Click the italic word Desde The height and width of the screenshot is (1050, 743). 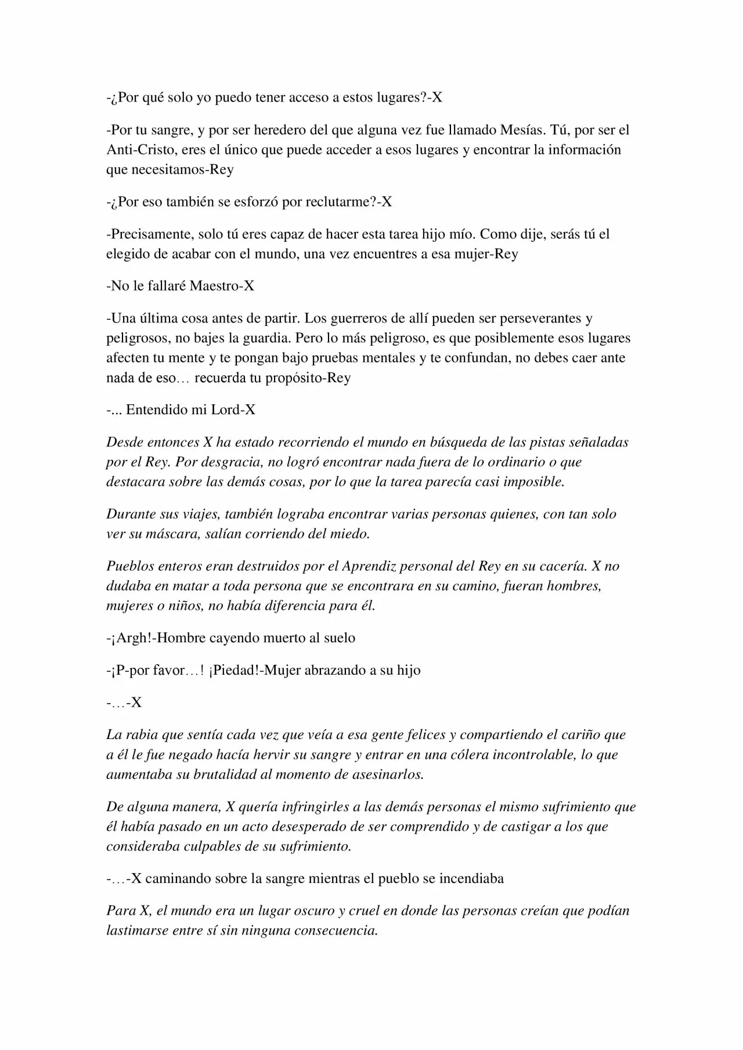coord(122,443)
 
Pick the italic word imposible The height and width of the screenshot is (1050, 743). coord(534,481)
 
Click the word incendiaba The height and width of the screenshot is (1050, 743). coord(471,878)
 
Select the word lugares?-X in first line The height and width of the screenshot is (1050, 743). coord(407,97)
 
